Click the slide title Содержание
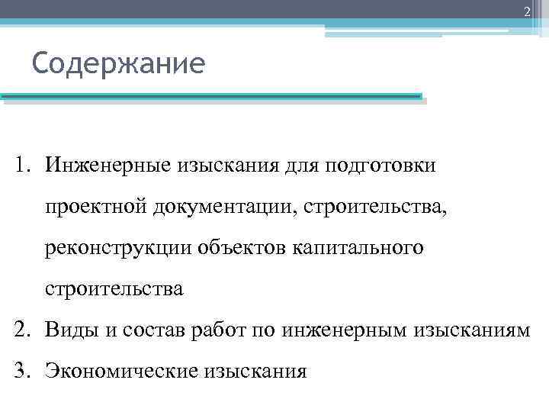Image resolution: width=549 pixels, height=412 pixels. [x=118, y=63]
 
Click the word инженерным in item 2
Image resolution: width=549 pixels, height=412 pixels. [x=344, y=331]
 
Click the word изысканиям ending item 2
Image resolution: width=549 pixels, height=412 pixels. [x=471, y=331]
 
